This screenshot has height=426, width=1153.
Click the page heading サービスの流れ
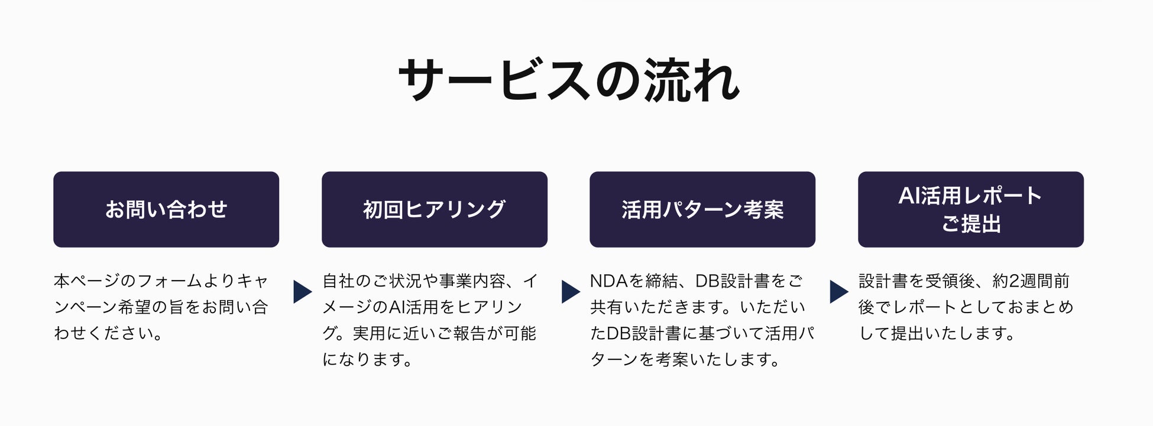coord(569,80)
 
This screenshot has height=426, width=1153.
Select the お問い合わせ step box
coord(166,209)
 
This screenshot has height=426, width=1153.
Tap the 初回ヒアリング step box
coord(435,209)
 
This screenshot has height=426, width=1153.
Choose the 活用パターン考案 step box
coord(702,209)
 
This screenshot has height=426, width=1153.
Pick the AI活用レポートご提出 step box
coord(971,209)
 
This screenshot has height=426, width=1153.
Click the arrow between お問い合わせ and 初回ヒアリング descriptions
coord(302,291)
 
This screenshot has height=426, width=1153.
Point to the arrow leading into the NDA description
coord(570,291)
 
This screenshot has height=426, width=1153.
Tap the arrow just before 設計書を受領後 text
coord(838,291)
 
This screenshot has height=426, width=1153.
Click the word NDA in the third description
coord(608,281)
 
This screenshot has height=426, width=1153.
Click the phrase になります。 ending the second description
coord(367,359)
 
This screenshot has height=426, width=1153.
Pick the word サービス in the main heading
coord(494,80)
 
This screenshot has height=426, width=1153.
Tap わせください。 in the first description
coord(108,333)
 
